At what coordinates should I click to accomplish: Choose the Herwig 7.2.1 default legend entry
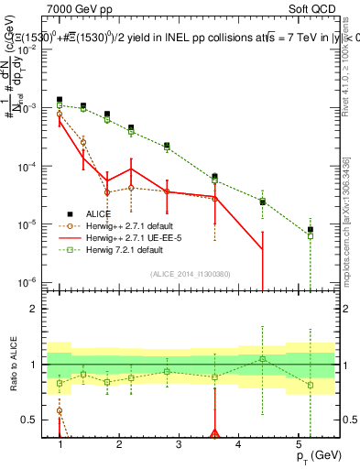point(118,248)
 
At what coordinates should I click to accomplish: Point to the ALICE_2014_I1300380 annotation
point(190,272)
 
